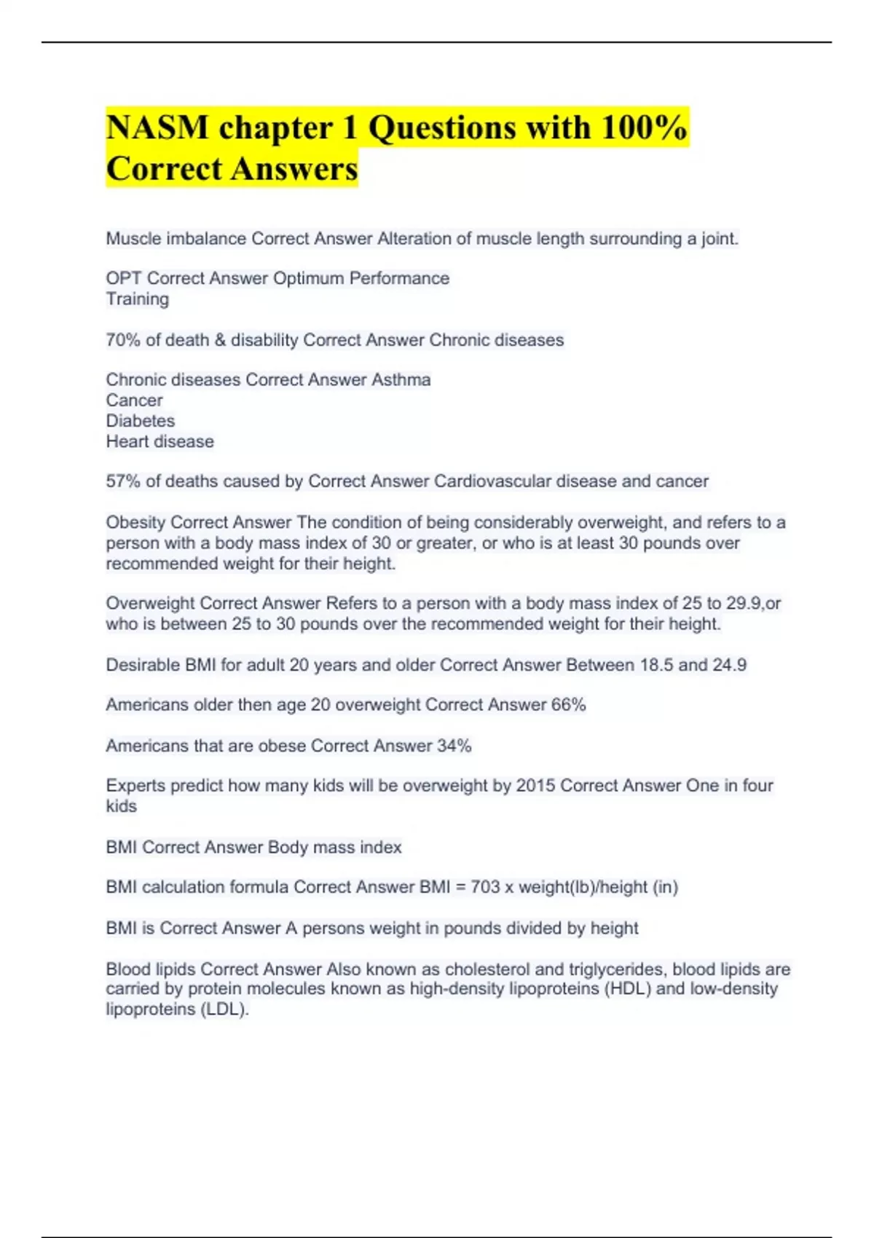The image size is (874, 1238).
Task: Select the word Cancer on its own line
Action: (134, 400)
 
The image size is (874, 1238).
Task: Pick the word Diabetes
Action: (140, 421)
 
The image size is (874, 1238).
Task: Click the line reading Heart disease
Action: (160, 441)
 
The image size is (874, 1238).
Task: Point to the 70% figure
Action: (123, 340)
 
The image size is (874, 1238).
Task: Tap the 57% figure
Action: (123, 481)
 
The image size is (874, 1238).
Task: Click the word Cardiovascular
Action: (493, 481)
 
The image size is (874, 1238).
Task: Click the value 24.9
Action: (729, 665)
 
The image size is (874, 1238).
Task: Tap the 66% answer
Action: (568, 705)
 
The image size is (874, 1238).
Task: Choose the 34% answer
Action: (454, 746)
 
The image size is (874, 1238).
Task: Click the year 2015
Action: (536, 786)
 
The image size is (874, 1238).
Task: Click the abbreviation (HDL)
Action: (628, 989)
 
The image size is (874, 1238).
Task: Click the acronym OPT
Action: (124, 278)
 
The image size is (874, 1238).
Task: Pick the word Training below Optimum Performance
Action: (137, 299)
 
